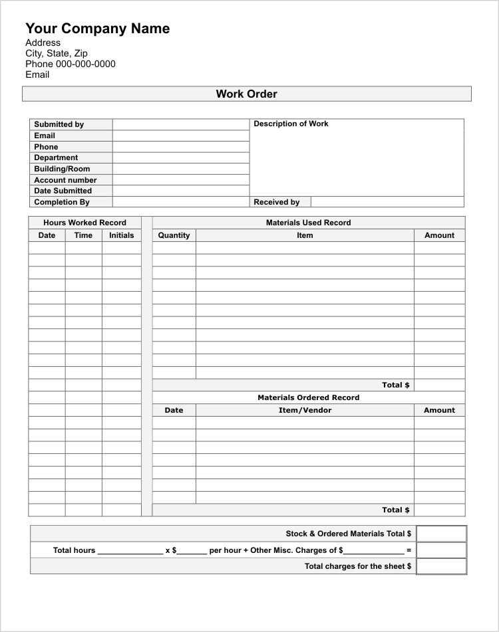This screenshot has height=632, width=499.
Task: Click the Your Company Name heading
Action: coord(97,29)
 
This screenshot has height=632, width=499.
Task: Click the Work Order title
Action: coord(246,94)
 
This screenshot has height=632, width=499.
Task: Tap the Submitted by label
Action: coord(59,124)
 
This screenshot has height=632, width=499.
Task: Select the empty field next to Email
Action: coord(180,136)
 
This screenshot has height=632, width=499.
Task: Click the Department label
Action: coord(56,158)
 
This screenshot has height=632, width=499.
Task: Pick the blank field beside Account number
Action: coord(180,180)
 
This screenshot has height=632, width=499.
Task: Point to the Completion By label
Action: coord(61,202)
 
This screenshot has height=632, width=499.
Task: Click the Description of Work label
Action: coord(291,124)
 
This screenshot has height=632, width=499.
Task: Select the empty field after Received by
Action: coord(387,202)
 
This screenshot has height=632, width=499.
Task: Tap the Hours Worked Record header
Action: coord(84,223)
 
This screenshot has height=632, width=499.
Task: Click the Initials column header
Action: coord(121,235)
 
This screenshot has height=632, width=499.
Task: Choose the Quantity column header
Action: coord(174,235)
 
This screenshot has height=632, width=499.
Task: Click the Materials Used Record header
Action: coord(308,223)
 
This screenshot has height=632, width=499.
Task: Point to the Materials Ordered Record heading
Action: coord(308,397)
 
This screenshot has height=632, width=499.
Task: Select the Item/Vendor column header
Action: coord(305,410)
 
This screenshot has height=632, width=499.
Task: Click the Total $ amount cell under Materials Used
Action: coord(439,385)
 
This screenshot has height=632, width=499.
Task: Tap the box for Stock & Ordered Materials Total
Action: coord(441,534)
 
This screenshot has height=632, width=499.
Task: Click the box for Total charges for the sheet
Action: coord(441,566)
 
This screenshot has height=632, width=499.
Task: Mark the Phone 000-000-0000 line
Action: coord(71,64)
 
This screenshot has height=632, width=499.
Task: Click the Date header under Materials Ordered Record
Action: coord(174,410)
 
